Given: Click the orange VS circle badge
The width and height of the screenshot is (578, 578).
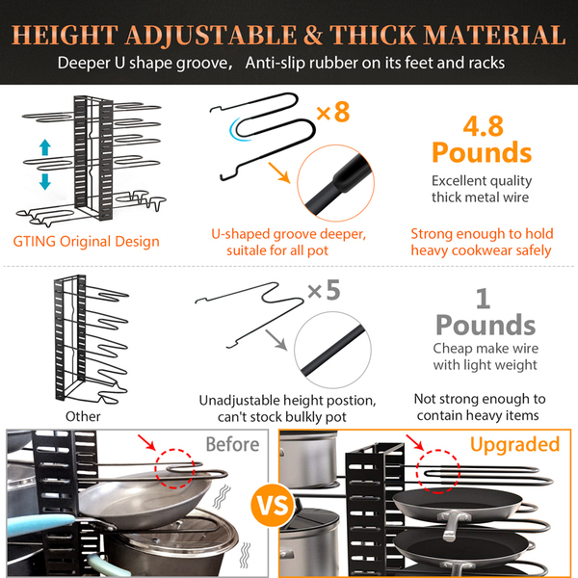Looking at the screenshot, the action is click(x=273, y=505).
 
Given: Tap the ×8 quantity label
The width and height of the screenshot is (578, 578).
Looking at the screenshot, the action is click(x=333, y=112).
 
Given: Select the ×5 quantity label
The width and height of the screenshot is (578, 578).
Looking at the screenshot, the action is click(x=324, y=290).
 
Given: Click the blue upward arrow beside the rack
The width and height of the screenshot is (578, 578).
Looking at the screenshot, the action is click(x=45, y=147).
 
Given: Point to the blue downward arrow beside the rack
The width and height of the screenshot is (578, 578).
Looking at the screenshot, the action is click(x=45, y=182).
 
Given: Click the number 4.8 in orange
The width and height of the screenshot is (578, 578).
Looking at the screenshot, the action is click(x=483, y=126).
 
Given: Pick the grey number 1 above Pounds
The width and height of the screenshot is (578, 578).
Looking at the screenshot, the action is click(x=483, y=298).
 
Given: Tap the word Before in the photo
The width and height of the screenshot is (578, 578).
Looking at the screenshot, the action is click(x=232, y=444).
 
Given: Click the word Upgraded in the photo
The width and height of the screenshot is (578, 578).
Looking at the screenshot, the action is click(x=515, y=445).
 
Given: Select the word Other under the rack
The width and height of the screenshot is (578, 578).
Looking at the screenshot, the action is click(x=83, y=416).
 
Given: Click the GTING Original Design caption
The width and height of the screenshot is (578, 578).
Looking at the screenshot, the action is click(x=87, y=242).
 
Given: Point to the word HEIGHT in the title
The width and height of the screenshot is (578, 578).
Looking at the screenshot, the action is click(x=65, y=36).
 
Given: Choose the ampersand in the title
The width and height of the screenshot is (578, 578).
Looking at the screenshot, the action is click(x=313, y=36).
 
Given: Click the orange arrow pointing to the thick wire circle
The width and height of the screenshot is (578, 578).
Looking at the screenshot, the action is click(x=279, y=172).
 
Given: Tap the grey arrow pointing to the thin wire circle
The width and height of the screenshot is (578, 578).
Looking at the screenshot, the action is click(x=276, y=340).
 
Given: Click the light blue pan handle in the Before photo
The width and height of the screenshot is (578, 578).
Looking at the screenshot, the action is click(x=40, y=524).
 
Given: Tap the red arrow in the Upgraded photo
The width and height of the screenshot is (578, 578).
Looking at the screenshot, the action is click(x=415, y=442).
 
